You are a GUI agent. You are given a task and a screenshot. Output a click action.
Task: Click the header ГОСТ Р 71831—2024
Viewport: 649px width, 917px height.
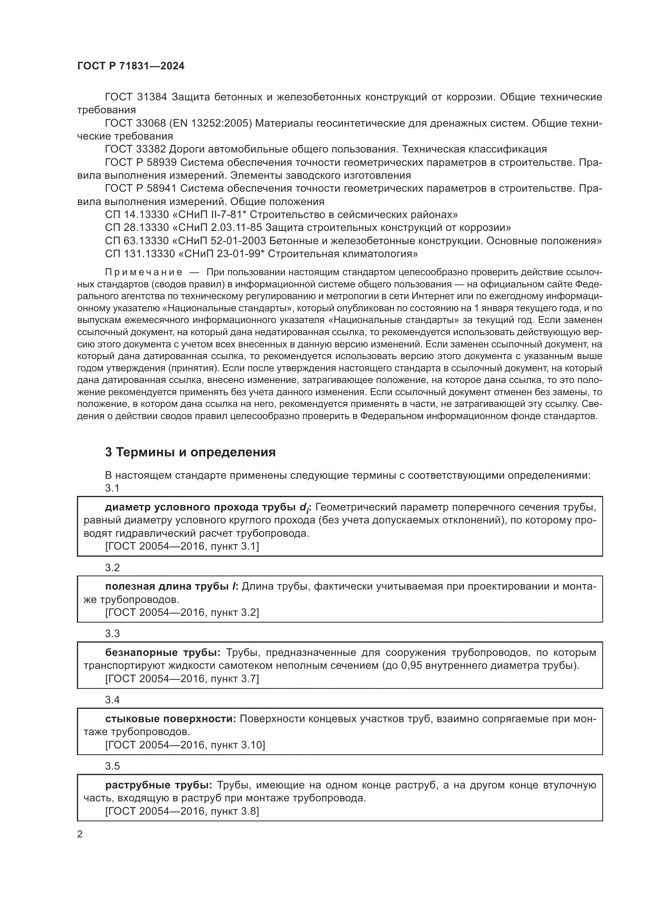[x=131, y=66]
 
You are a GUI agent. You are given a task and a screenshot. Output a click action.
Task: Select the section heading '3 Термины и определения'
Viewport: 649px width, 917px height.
[x=190, y=452]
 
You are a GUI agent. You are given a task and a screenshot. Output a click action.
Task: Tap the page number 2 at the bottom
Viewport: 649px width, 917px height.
[x=80, y=834]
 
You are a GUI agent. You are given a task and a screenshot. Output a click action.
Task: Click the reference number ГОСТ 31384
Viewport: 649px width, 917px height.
[x=135, y=97]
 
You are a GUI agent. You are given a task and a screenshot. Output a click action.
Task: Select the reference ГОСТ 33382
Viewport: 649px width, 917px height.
[x=135, y=149]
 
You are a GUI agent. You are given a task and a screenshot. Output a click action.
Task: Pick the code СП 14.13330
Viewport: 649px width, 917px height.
[x=137, y=215]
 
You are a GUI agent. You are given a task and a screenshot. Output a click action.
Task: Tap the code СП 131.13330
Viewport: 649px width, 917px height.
[x=140, y=254]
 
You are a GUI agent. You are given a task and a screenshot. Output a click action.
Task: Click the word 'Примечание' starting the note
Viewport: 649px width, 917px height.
[x=144, y=272]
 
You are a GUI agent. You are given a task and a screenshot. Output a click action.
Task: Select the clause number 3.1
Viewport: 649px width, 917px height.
[x=112, y=488]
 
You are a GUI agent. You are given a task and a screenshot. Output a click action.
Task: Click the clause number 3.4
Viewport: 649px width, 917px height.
[x=112, y=700]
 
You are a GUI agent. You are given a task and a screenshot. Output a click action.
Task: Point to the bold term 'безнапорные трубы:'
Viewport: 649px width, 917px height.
[x=163, y=653]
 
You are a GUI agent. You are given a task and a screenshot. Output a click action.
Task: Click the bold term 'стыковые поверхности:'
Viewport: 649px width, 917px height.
[x=171, y=719]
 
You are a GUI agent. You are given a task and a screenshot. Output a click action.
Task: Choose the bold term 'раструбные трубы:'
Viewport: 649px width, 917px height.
[x=159, y=785]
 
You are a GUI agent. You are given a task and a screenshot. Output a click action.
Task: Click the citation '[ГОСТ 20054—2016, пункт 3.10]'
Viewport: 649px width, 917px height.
[x=185, y=745]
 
